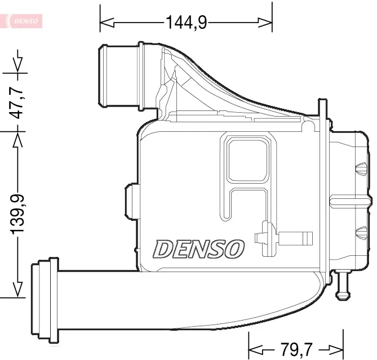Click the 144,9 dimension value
(186, 23)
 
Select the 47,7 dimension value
(18, 101)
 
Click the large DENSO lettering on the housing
(199, 248)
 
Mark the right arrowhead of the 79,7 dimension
(337, 348)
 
